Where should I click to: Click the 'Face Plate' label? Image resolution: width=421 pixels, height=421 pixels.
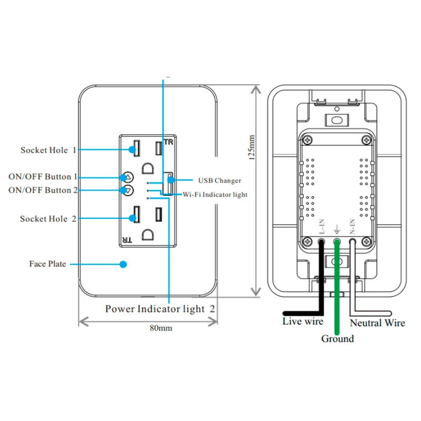tap(47, 264)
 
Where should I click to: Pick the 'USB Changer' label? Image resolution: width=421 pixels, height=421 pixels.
tap(219, 181)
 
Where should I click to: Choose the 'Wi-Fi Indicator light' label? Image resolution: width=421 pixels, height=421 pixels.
tap(215, 194)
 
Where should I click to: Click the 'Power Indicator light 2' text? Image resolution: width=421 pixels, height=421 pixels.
tap(161, 309)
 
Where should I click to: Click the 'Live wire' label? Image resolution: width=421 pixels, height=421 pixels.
tap(303, 321)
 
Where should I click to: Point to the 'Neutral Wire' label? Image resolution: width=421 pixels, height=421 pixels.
tap(377, 323)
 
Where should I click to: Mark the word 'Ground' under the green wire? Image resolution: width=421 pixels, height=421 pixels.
tap(337, 338)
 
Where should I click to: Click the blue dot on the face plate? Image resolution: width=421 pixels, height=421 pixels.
tap(124, 264)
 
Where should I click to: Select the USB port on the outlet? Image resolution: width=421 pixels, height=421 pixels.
tap(168, 183)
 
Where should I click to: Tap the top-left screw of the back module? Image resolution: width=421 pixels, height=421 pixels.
tap(307, 139)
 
